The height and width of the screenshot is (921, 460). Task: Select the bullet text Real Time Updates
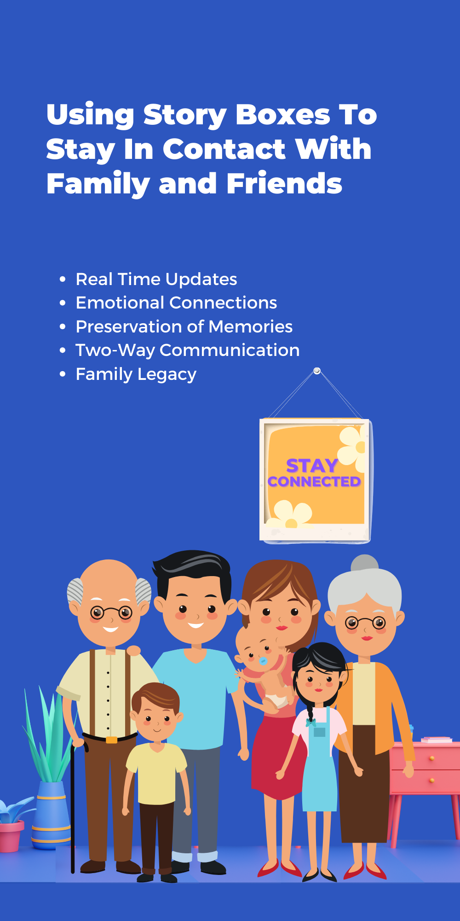(156, 280)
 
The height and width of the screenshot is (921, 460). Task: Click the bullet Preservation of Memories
(184, 326)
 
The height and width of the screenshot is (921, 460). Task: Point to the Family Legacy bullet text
(136, 374)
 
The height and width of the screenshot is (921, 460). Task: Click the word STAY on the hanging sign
(312, 466)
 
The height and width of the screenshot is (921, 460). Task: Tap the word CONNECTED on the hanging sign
(314, 481)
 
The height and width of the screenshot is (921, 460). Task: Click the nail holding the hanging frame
(317, 371)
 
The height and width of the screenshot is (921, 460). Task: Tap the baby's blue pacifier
(264, 661)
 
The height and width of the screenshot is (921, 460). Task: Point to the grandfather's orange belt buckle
(111, 740)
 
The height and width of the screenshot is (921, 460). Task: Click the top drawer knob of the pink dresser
(431, 758)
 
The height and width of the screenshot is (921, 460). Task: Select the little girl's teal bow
(310, 723)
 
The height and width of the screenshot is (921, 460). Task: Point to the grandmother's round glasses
(366, 623)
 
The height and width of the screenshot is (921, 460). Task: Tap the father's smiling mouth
(195, 625)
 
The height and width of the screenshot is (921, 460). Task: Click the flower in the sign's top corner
(353, 446)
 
